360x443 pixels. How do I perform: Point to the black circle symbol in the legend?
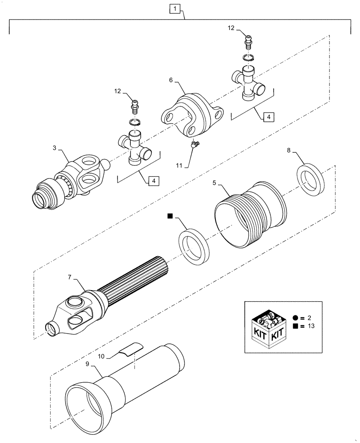point(295,318)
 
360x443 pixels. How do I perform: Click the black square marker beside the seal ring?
point(170,216)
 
